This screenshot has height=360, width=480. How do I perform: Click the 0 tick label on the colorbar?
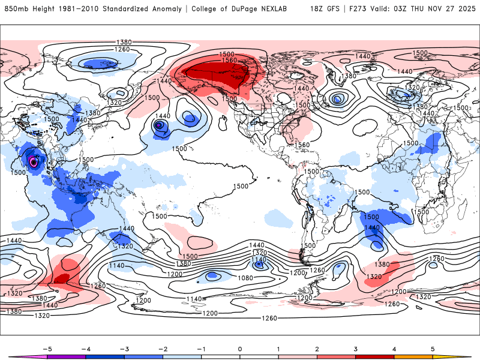click(239, 348)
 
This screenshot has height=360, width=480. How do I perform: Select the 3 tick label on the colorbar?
click(355, 348)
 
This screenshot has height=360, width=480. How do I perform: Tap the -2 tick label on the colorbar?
click(162, 348)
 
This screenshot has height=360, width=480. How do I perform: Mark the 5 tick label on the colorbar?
click(433, 348)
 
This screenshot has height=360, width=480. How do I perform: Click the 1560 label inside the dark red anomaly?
click(229, 60)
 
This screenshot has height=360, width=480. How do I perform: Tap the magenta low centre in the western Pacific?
click(34, 161)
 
